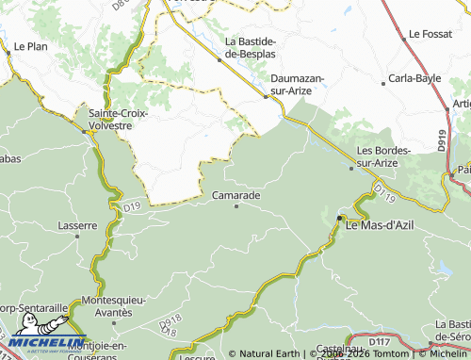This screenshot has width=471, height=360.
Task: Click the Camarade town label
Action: [x=235, y=194]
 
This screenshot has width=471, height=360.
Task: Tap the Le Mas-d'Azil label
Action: [x=382, y=226]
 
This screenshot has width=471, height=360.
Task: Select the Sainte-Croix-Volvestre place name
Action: [x=118, y=119]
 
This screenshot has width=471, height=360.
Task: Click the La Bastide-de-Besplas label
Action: [x=250, y=46]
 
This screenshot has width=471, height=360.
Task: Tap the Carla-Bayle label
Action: [x=414, y=79]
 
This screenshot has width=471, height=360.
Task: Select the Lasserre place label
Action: [x=77, y=225]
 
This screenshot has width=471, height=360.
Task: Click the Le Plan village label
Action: [x=31, y=45]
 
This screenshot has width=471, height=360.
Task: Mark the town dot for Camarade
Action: [x=235, y=205]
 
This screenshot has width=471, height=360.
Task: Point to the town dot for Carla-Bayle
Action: [x=383, y=84]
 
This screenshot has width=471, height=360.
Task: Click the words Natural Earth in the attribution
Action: [x=270, y=354]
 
